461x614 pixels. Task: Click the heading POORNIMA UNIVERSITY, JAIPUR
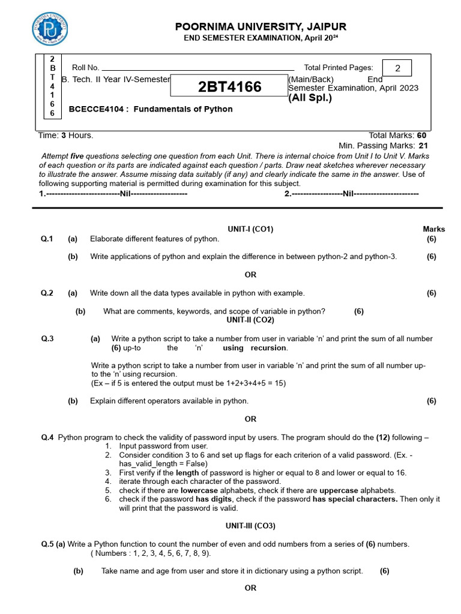pos(261,27)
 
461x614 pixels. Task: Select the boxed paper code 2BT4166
pos(230,87)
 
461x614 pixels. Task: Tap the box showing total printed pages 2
pos(397,68)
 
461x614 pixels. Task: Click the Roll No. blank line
pos(198,68)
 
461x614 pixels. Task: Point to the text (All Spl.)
pos(310,98)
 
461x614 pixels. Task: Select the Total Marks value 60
pos(422,136)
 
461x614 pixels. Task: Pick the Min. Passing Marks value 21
pos(423,145)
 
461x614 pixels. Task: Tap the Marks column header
pos(434,229)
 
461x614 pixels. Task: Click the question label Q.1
pos(47,239)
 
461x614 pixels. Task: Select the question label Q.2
pos(47,293)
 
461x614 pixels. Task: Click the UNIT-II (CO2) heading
pos(250,320)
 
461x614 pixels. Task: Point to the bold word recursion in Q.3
pos(269,348)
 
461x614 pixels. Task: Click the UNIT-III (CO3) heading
pos(250,526)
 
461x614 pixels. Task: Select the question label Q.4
pos(47,438)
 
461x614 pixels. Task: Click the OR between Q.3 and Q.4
pos(250,419)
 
